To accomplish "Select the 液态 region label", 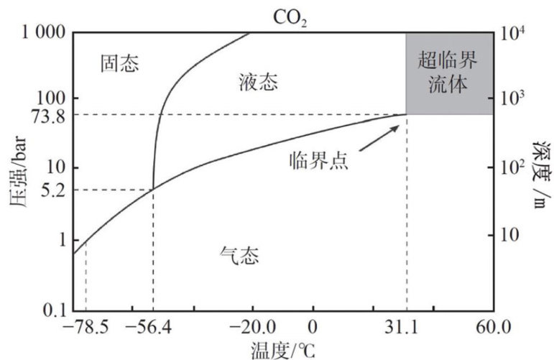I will tap(257, 83).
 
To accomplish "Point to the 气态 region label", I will tap(238, 254).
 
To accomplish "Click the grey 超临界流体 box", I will tap(449, 73).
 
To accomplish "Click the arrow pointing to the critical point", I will tap(378, 137).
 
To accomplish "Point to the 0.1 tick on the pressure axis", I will tap(54, 309).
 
